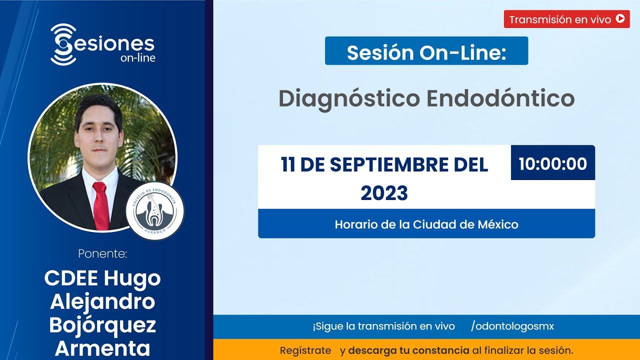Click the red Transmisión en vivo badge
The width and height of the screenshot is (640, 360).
point(566,19)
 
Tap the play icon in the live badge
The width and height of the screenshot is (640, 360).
point(620,19)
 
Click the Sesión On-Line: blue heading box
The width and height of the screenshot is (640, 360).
point(426,51)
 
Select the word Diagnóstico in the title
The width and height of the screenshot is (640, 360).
point(349,98)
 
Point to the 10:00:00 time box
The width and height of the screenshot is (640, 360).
point(552,163)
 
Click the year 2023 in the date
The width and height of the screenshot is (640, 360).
point(384,193)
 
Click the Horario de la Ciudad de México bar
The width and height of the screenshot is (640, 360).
point(426,224)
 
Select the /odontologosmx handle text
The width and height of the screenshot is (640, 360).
point(512,326)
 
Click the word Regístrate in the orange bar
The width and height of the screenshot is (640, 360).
point(305,350)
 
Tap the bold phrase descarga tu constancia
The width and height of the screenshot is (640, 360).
point(408,350)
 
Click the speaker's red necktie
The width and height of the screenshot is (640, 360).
point(100,205)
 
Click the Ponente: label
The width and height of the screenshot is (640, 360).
point(102,254)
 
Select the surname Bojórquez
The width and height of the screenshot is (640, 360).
point(102,325)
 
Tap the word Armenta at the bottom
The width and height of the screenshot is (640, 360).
point(102,348)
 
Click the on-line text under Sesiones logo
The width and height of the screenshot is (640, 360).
point(137,58)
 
